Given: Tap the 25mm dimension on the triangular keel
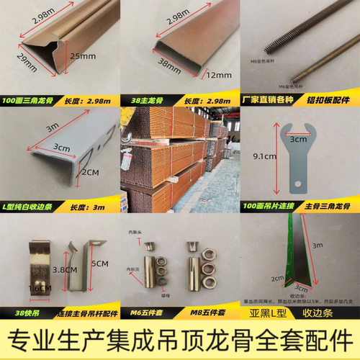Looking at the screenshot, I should [99, 55].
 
